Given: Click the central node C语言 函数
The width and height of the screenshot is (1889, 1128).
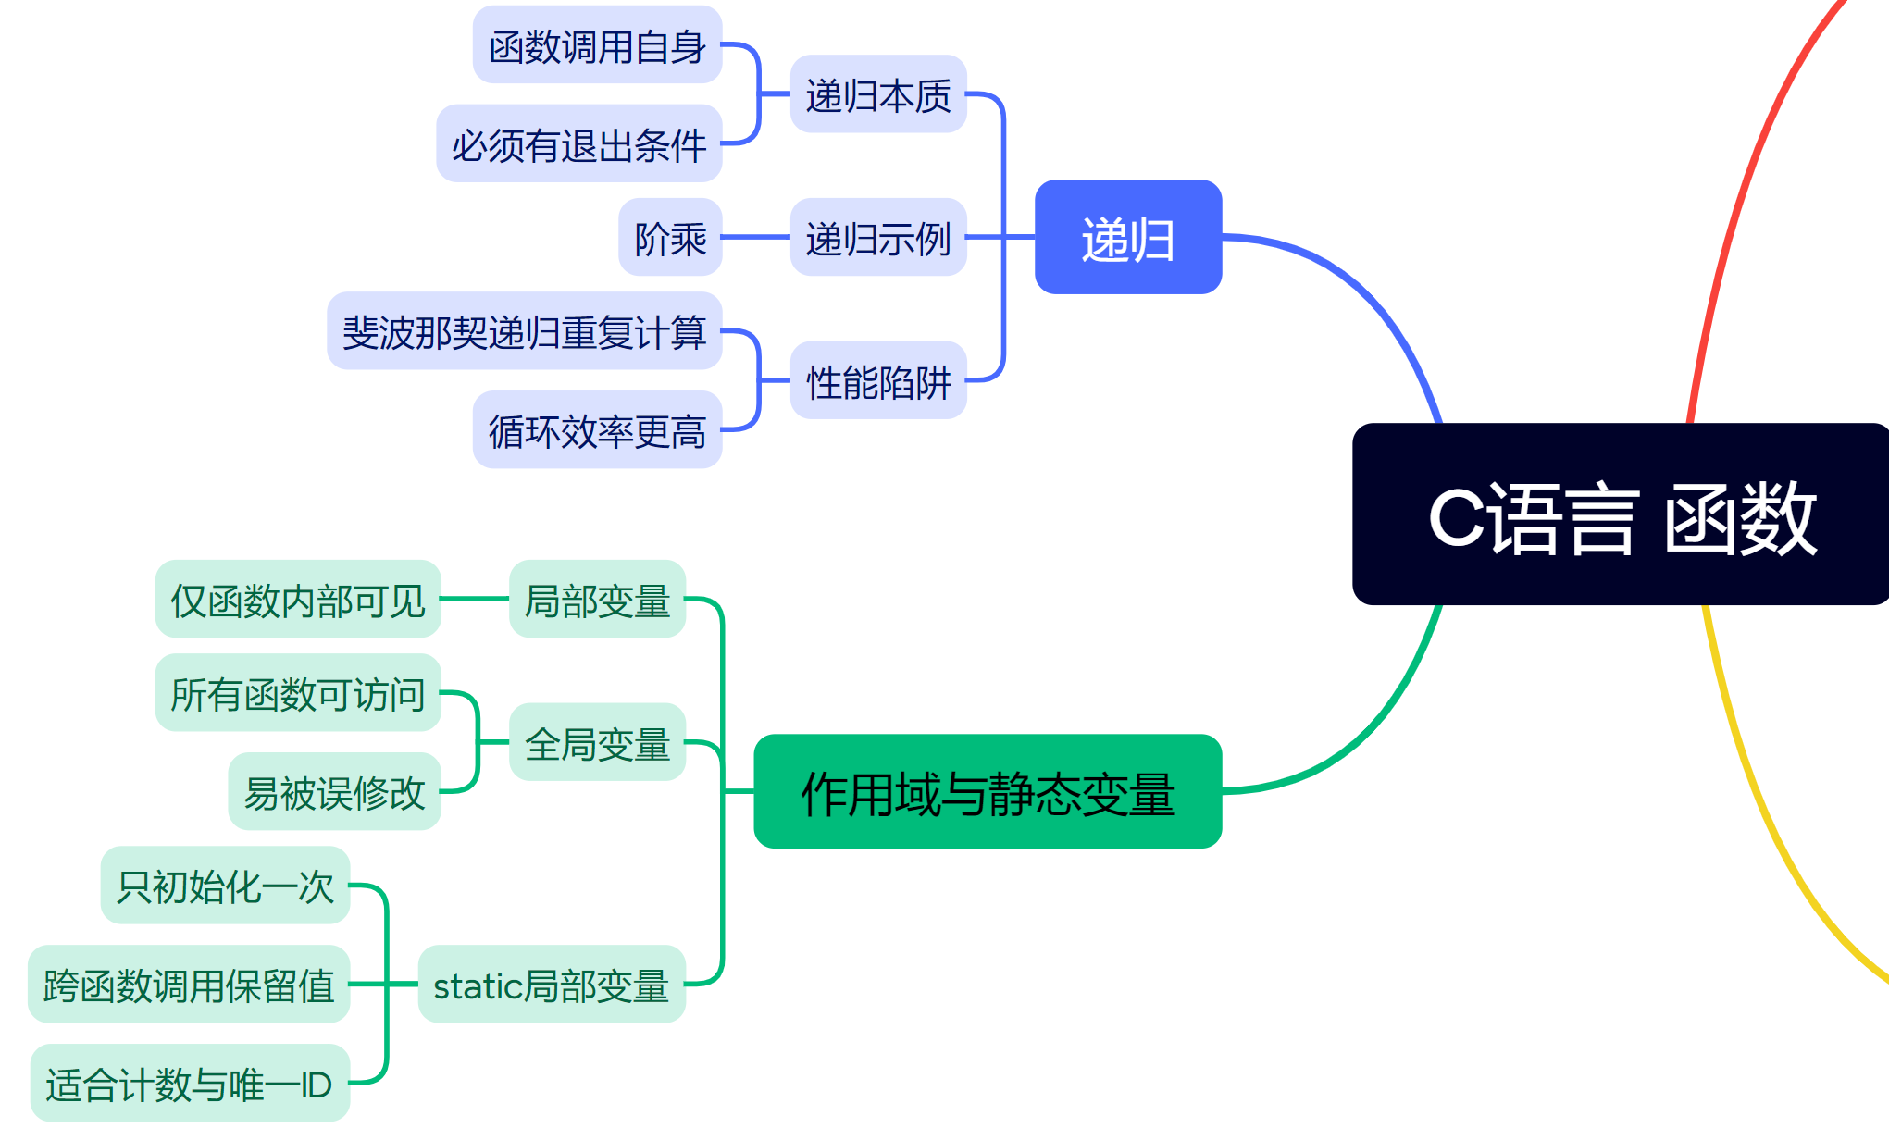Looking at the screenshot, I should tap(1620, 514).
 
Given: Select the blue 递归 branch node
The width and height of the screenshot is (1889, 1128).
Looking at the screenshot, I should tap(1127, 238).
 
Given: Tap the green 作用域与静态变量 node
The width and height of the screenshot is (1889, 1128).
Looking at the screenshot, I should tap(988, 792).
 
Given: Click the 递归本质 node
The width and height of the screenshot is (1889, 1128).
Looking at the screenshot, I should tap(877, 94).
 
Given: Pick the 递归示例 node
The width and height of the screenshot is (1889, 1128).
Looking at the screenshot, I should tap(877, 238).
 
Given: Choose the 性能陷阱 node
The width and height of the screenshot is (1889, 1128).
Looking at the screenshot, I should tap(877, 380).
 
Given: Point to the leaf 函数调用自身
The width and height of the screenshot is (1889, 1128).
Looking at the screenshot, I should tap(597, 45).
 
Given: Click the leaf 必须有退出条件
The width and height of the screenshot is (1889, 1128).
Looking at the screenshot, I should tap(578, 143).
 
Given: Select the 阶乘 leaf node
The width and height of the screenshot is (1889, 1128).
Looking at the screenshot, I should tap(670, 238).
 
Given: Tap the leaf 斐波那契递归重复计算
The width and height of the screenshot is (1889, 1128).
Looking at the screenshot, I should tap(524, 331).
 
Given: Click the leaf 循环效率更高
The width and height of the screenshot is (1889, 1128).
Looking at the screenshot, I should tap(597, 430).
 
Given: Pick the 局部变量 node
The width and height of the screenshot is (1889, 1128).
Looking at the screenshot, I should tap(597, 599).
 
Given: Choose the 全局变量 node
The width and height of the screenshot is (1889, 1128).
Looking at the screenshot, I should tap(597, 742).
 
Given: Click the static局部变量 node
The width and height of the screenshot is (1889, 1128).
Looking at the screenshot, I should tap(551, 985).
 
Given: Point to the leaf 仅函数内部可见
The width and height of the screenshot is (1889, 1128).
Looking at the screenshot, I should tap(297, 599).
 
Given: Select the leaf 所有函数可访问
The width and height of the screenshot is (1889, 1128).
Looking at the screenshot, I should tap(297, 693).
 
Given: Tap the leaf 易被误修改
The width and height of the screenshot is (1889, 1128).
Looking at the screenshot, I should tap(334, 792).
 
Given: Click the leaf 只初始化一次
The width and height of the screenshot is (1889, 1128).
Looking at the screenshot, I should tap(225, 886).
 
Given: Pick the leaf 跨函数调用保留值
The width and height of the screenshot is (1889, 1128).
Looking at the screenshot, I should tap(189, 985).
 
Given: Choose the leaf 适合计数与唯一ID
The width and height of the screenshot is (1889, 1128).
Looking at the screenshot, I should tap(190, 1084).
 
